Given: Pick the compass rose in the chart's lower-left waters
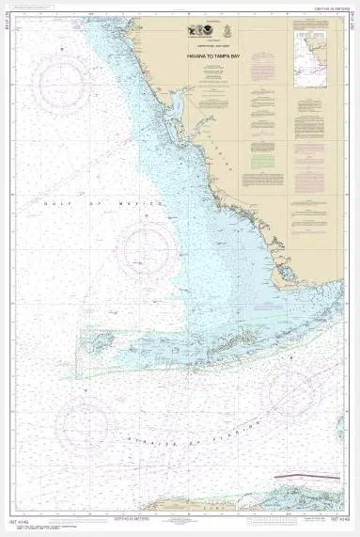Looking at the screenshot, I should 86,422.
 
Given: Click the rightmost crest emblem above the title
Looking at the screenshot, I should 229,31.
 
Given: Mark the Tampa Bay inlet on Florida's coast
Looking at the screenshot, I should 176,103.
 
